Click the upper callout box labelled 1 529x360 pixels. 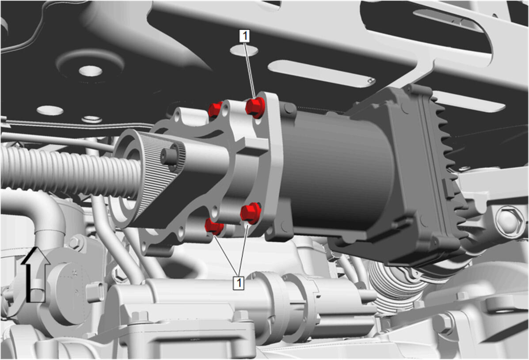pyautogui.click(x=244, y=36)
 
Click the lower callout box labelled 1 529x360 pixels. pyautogui.click(x=239, y=282)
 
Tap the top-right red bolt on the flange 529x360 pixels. pyautogui.click(x=255, y=107)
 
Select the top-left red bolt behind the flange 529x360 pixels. pyautogui.click(x=215, y=109)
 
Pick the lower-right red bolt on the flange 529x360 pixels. pyautogui.click(x=251, y=213)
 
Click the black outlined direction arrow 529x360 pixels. pyautogui.click(x=35, y=274)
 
